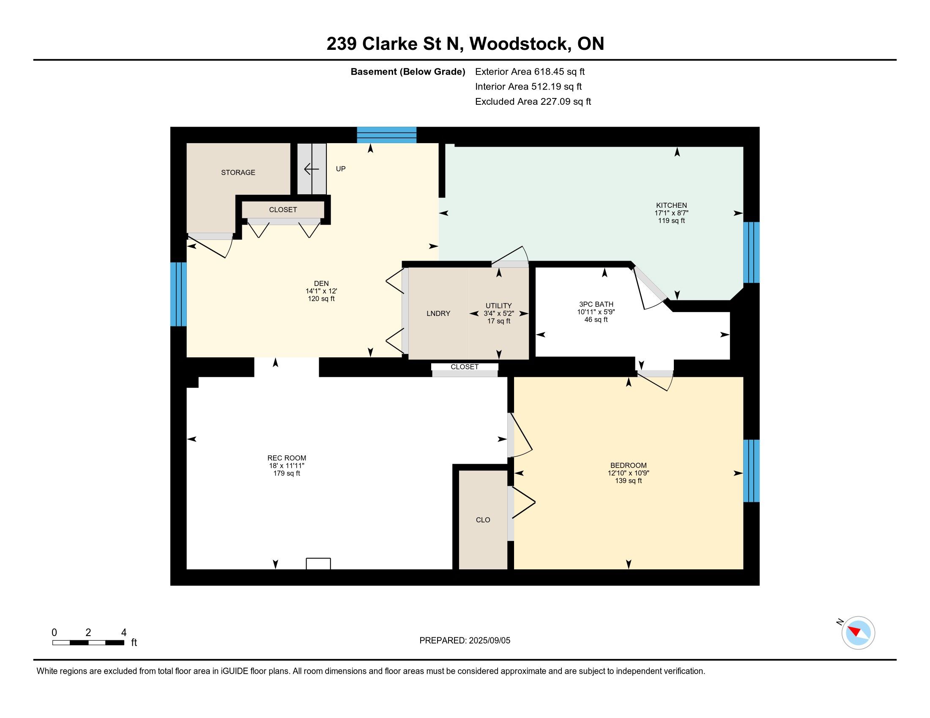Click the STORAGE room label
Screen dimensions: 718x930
238,172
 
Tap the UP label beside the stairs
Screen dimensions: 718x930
341,169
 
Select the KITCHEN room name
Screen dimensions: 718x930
671,205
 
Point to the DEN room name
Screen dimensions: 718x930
321,284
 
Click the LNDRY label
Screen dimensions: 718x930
438,313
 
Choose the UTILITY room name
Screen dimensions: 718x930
499,306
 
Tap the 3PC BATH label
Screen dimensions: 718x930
596,305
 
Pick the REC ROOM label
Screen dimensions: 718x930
287,458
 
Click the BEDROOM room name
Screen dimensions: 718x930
628,465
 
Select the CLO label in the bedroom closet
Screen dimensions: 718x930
483,520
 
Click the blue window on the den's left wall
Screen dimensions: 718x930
178,294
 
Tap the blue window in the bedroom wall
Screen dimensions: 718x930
751,471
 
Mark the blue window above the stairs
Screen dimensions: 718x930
386,135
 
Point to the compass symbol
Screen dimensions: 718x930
858,633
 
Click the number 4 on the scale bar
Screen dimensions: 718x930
124,633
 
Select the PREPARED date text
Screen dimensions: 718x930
465,641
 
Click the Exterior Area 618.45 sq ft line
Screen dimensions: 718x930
530,72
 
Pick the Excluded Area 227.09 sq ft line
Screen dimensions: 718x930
533,102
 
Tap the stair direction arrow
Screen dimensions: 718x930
311,169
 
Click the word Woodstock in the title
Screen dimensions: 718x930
520,44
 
